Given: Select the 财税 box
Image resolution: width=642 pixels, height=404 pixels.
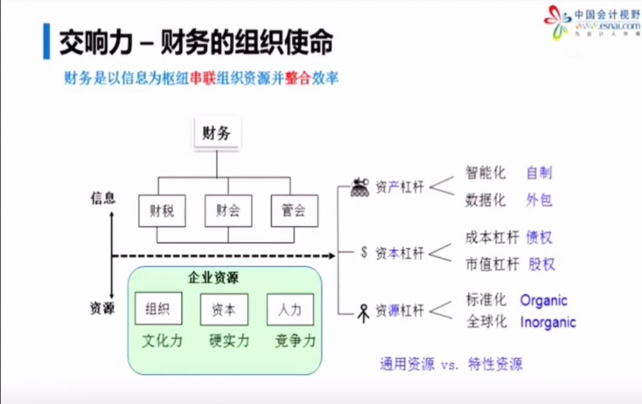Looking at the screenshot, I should [x=161, y=210].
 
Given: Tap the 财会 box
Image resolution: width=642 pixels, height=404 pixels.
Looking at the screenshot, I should [x=227, y=210].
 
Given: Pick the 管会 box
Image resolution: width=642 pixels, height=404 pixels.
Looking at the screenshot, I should [x=293, y=210].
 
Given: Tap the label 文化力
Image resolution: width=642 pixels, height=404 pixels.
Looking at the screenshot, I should [x=163, y=341].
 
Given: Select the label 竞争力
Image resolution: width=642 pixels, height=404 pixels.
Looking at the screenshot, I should [x=296, y=341].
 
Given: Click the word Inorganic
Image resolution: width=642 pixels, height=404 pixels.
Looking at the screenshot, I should [x=548, y=323].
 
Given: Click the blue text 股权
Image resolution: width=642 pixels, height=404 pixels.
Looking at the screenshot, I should [x=542, y=264].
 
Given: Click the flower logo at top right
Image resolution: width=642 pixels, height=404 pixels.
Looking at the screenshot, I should [x=556, y=21].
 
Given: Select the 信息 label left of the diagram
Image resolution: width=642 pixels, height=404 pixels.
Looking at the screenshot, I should [x=103, y=198].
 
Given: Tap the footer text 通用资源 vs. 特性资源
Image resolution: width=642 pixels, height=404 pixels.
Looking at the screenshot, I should [x=451, y=364].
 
